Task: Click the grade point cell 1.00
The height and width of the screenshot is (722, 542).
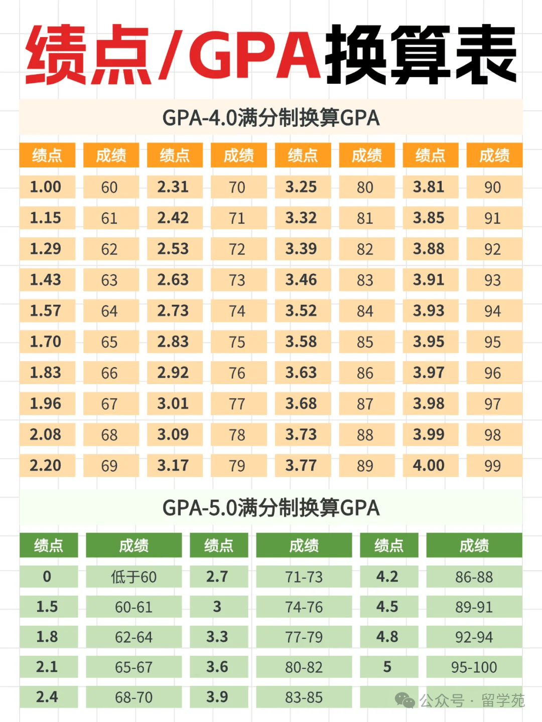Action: coord(47,187)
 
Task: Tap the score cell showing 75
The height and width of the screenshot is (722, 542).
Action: coord(238,342)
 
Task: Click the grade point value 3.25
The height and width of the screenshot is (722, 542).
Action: coord(302,187)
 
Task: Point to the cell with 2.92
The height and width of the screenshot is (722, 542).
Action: coord(174,373)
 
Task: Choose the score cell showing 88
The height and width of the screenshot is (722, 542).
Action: coord(366,435)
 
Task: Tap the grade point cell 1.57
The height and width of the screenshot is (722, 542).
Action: coord(47,311)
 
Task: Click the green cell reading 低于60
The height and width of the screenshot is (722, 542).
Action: coord(133,577)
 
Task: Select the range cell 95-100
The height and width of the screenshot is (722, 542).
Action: coord(474,667)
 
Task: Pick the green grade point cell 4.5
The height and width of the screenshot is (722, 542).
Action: coord(388,607)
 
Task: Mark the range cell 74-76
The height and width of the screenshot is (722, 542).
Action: coord(304,607)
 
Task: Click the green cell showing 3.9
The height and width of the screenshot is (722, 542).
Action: coord(218,697)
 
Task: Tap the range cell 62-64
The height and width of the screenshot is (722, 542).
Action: coord(133,637)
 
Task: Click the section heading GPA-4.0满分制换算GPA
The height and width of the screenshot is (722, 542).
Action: coord(271,118)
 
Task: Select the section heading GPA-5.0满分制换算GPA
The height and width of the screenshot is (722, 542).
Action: coord(271,508)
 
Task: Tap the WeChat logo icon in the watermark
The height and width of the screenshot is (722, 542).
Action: coord(404,700)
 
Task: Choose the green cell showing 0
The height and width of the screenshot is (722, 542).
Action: coord(48,577)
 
